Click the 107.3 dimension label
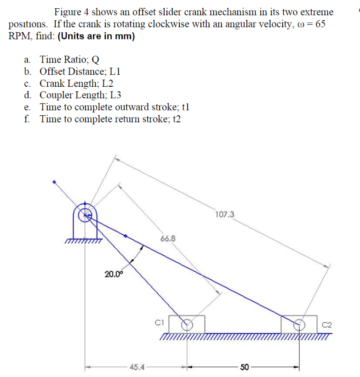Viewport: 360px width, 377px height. [x=224, y=214]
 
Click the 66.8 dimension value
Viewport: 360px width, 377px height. [x=167, y=239]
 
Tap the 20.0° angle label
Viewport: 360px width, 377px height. [x=114, y=274]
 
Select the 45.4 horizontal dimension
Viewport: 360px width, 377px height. [x=137, y=367]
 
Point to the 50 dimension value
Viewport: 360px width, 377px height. [x=244, y=367]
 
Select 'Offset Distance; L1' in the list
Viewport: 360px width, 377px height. [x=80, y=71]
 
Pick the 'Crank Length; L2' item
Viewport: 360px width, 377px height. [x=76, y=83]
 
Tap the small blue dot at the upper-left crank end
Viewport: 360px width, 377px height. [x=54, y=182]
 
